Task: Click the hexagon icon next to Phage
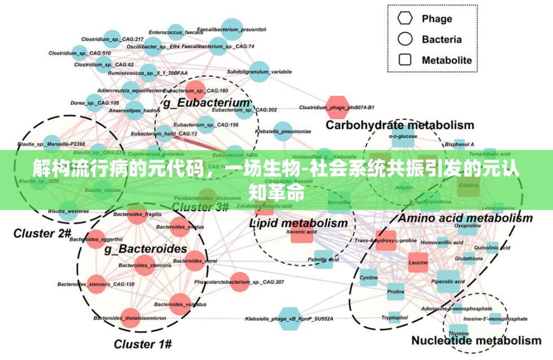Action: (405, 18)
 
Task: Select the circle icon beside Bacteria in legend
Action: (405, 39)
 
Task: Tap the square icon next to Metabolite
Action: (405, 60)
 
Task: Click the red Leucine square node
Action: (418, 263)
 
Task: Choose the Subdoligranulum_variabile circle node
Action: (258, 72)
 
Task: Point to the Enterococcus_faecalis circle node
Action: (175, 32)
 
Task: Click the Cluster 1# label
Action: (143, 343)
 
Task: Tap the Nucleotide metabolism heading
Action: (476, 340)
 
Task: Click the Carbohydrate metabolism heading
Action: (400, 125)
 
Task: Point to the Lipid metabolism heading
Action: (299, 223)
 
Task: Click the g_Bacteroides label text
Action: (146, 248)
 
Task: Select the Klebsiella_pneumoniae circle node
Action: (283, 131)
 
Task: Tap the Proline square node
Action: (396, 292)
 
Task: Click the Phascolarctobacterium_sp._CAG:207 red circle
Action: (239, 282)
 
